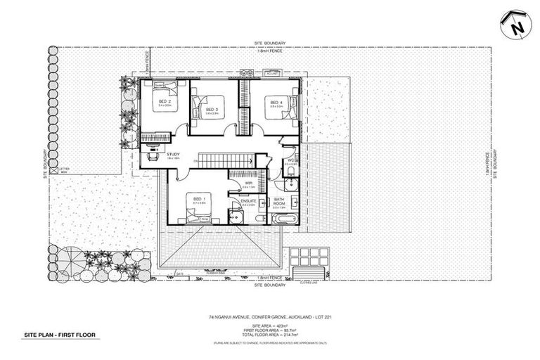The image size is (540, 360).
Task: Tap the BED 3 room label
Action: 212,110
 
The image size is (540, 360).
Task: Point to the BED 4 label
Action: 276,103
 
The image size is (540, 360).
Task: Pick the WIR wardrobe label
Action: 249,183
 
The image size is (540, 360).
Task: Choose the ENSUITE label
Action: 248,201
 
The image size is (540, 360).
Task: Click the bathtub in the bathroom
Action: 284,219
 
